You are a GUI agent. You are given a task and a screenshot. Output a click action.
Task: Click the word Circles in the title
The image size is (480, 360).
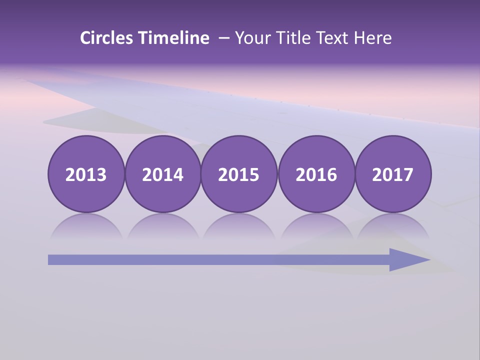tap(107, 38)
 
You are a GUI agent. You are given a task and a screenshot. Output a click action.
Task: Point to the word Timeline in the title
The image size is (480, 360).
tap(174, 38)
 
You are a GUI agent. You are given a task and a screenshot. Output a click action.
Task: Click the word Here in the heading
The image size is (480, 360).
tap(373, 38)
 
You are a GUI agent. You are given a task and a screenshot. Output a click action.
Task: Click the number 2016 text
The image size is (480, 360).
tap(316, 175)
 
